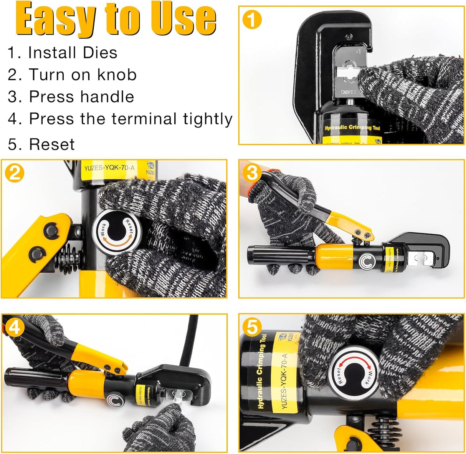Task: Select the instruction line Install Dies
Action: click(x=63, y=53)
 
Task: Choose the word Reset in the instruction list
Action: click(x=52, y=144)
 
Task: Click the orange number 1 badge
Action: click(x=252, y=20)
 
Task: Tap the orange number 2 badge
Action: click(x=15, y=174)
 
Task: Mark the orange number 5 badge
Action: click(x=252, y=327)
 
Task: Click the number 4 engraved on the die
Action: click(x=359, y=52)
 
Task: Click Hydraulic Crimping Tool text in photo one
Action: click(x=352, y=128)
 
